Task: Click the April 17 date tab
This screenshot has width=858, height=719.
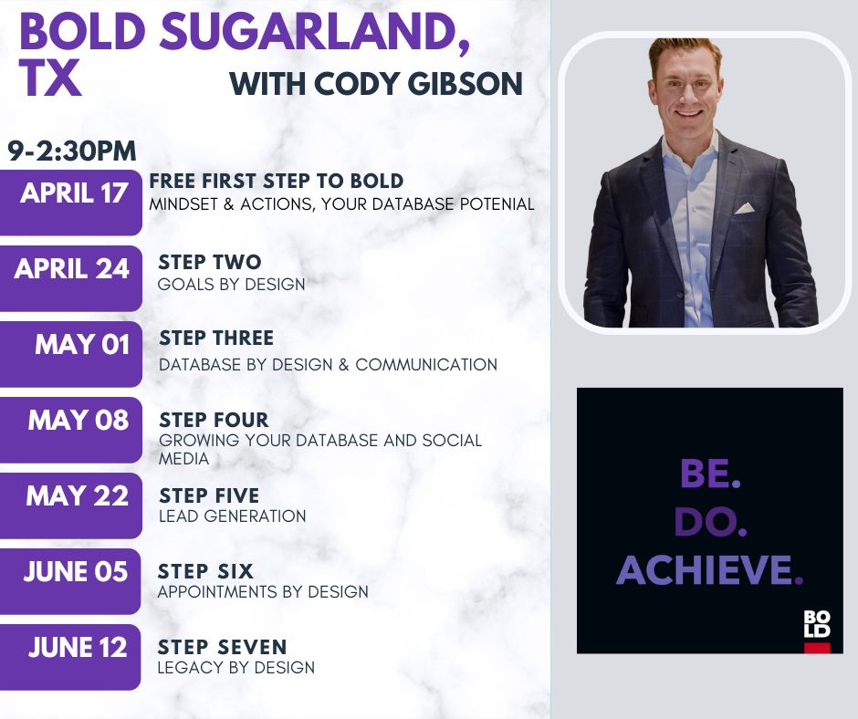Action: click(x=70, y=203)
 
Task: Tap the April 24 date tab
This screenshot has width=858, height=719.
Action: click(x=70, y=278)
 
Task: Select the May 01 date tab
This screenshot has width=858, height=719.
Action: click(x=70, y=354)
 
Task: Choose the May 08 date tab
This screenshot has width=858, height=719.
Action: click(x=70, y=430)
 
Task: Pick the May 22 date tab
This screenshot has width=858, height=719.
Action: click(x=70, y=505)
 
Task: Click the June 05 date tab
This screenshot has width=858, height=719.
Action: click(x=70, y=581)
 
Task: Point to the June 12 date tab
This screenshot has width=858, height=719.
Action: click(x=70, y=657)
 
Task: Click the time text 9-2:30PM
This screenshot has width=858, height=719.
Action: click(x=72, y=151)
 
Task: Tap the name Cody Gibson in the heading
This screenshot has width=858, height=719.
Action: click(x=419, y=84)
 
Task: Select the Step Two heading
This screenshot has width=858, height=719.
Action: click(x=210, y=262)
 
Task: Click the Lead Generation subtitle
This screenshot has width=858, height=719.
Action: click(x=232, y=516)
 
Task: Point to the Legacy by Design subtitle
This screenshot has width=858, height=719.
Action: click(x=235, y=668)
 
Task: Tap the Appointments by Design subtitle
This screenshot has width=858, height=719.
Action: click(x=263, y=591)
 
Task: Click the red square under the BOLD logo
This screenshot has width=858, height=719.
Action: click(x=817, y=648)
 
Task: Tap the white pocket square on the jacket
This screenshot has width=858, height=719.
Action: click(x=745, y=208)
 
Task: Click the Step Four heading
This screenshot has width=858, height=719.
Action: click(x=214, y=420)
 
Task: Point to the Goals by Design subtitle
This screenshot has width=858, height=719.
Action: click(x=231, y=285)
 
